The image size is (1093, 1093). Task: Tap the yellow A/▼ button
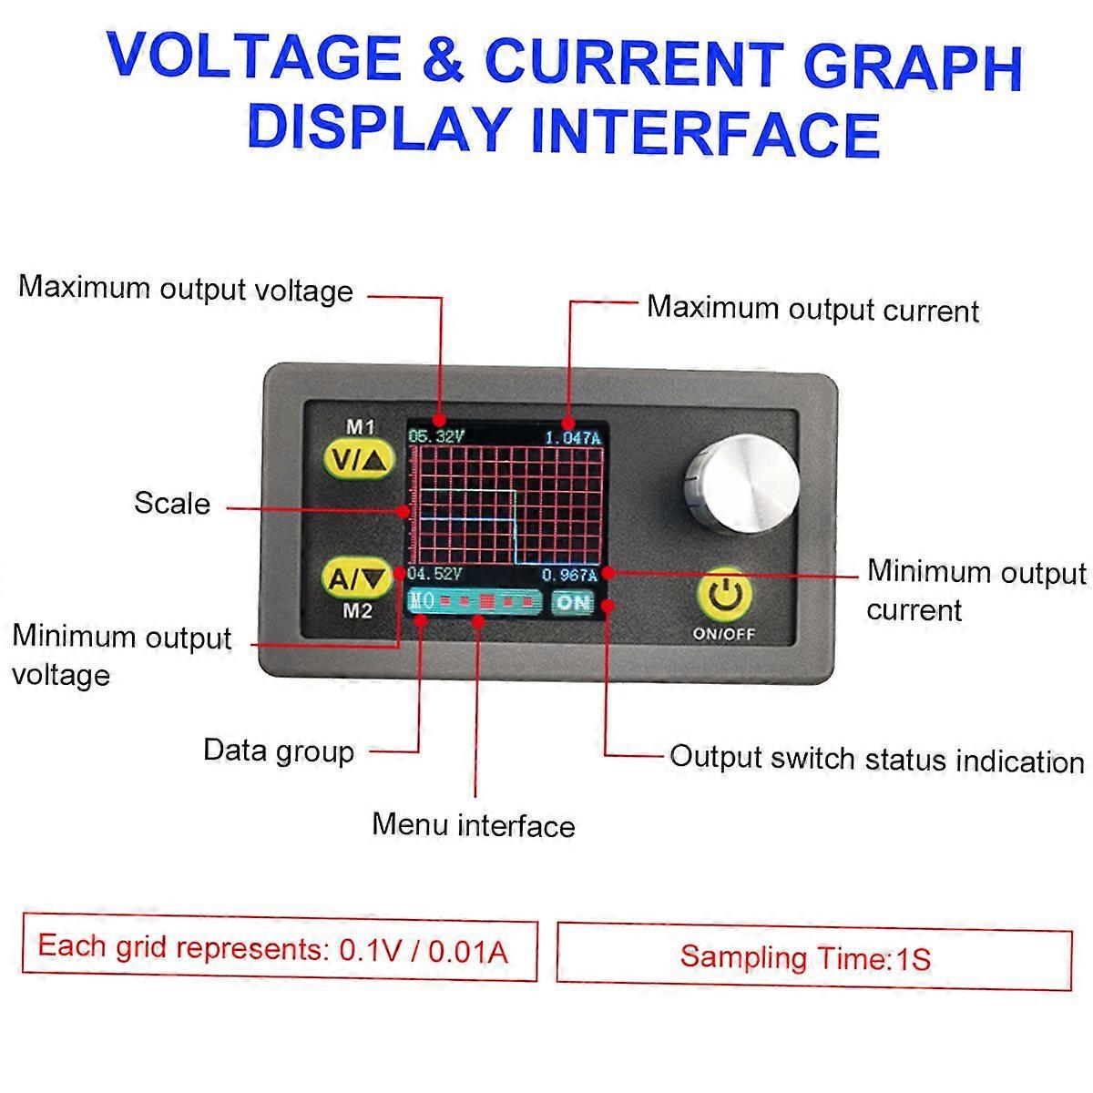click(358, 577)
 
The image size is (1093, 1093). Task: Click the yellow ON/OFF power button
click(725, 594)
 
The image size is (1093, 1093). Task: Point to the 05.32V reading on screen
click(437, 436)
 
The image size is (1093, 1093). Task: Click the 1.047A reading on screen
click(573, 437)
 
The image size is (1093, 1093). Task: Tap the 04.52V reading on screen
click(436, 574)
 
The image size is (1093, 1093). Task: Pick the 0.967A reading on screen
click(569, 575)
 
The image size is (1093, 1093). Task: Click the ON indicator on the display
click(573, 602)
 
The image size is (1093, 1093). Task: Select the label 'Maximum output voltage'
click(186, 290)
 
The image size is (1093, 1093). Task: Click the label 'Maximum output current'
click(812, 309)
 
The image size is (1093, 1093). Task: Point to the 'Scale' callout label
click(172, 504)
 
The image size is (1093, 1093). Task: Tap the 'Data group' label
click(279, 751)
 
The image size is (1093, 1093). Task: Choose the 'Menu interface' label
click(474, 825)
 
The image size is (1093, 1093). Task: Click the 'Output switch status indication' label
click(876, 759)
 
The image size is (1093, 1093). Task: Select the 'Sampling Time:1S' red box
click(813, 957)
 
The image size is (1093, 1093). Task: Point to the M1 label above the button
click(360, 425)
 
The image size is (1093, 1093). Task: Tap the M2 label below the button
click(358, 611)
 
